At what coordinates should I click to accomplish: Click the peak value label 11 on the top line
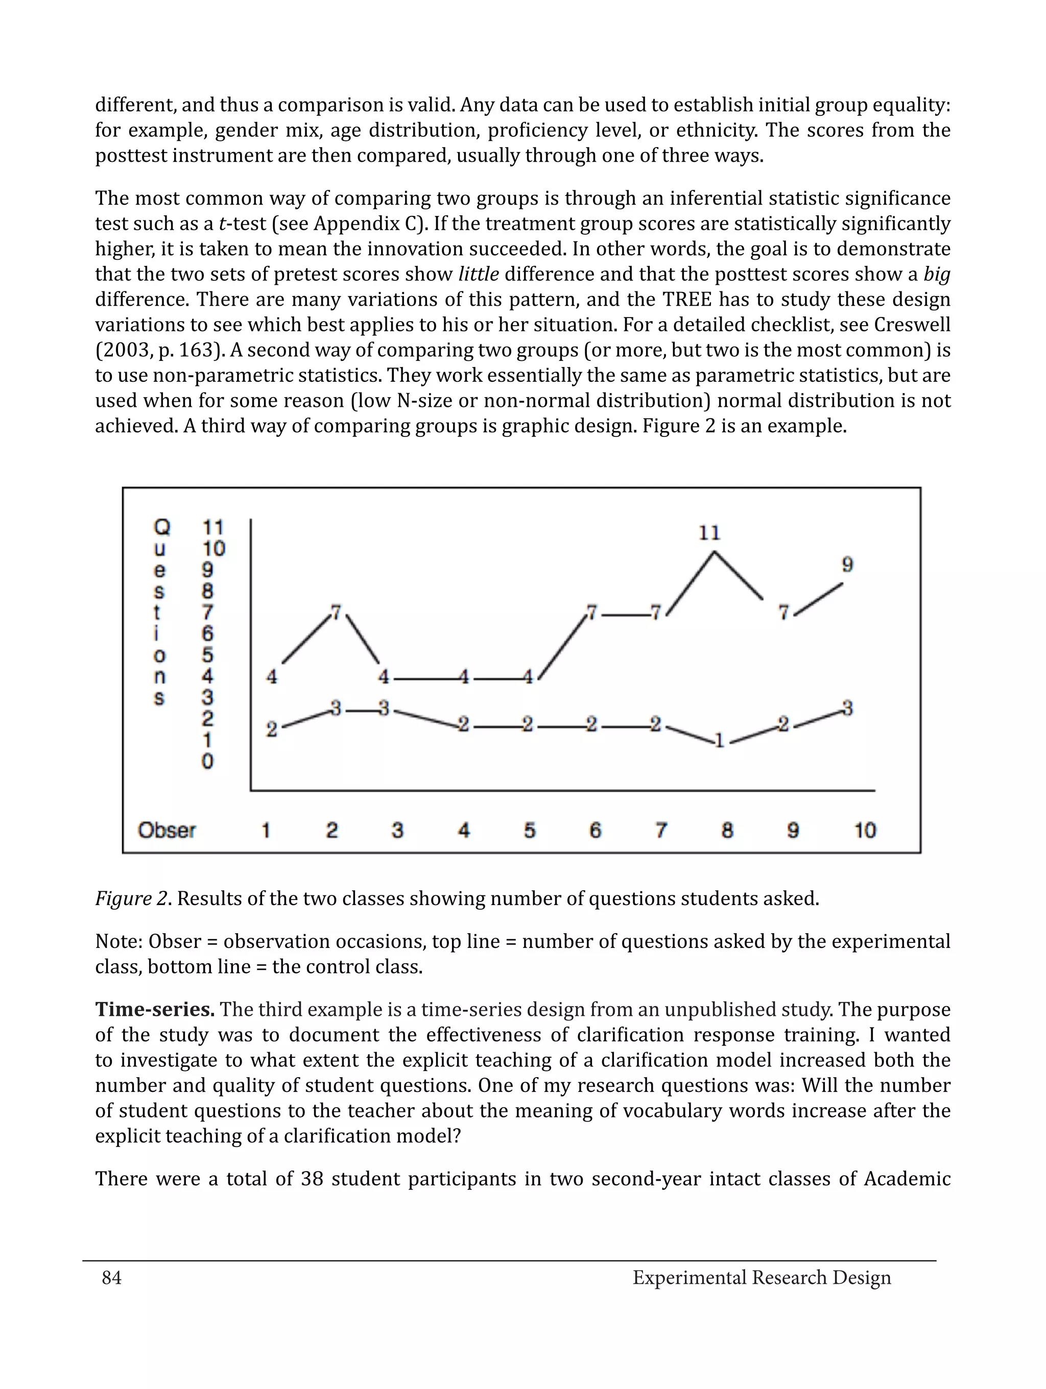pos(709,533)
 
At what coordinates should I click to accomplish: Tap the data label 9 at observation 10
pos(847,565)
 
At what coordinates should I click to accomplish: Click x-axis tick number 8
pos(727,830)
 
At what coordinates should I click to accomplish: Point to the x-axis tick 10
pos(865,830)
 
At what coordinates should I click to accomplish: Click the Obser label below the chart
pos(167,830)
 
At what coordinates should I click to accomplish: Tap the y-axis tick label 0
pos(207,762)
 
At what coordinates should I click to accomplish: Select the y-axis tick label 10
pos(213,549)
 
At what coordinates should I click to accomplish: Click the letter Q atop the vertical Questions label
pos(162,527)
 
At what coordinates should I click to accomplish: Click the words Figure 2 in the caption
pos(131,898)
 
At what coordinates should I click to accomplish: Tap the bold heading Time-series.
pos(155,1010)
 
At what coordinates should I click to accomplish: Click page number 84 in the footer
pos(112,1277)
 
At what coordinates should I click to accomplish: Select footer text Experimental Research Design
pos(762,1277)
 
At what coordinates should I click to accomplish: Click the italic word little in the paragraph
pos(478,275)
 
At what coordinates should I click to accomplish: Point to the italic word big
pos(937,275)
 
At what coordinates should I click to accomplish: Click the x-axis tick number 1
pos(266,830)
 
